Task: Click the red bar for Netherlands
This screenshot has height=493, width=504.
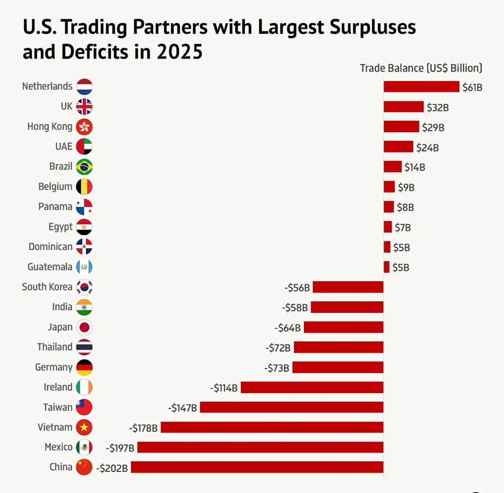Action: click(x=421, y=86)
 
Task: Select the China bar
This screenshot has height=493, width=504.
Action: click(x=257, y=467)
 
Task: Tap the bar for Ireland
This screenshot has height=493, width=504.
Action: click(x=312, y=387)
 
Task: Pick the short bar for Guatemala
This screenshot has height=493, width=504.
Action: click(x=387, y=267)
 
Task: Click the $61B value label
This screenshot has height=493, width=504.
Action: click(x=473, y=87)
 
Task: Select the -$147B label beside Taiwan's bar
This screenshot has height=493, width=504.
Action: click(x=182, y=407)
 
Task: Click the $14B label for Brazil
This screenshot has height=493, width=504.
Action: click(x=415, y=167)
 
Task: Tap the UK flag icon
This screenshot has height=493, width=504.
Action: click(x=84, y=106)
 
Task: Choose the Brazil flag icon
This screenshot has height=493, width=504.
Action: click(x=84, y=167)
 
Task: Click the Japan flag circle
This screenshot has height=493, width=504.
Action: click(x=84, y=327)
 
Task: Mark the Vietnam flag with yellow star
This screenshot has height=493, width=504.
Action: click(x=84, y=427)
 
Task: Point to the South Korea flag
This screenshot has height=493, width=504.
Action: click(x=84, y=287)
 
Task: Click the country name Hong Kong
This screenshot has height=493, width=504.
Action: click(x=50, y=126)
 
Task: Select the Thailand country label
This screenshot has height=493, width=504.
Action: click(x=54, y=347)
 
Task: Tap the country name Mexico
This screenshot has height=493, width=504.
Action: click(x=58, y=447)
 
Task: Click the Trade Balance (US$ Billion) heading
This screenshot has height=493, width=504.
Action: click(x=421, y=68)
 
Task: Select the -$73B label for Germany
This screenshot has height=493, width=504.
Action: click(x=277, y=367)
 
